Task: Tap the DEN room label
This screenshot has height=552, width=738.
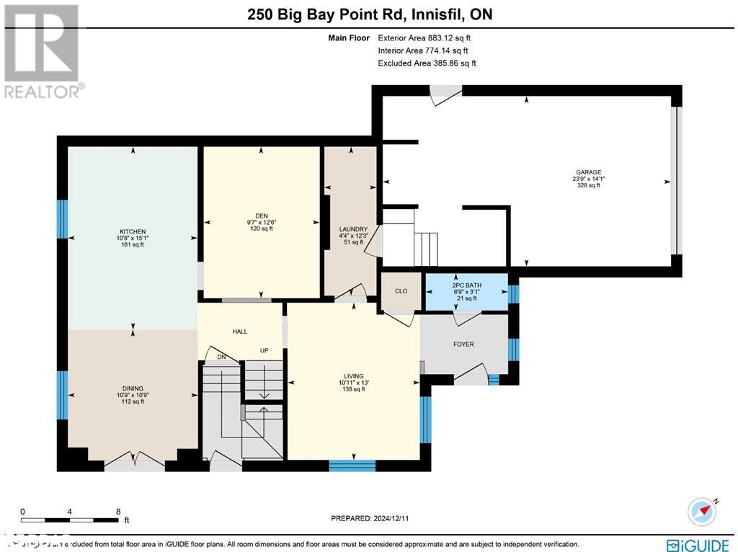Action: click(x=261, y=213)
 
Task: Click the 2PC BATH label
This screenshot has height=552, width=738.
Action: click(x=466, y=285)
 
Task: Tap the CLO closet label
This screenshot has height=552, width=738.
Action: click(x=401, y=291)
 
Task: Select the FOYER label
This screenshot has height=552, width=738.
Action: click(x=463, y=344)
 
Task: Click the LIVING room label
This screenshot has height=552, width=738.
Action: click(x=354, y=376)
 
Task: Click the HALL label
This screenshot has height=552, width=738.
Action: click(x=240, y=331)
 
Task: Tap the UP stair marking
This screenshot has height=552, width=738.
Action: click(x=264, y=351)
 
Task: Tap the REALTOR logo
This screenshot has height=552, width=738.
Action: click(x=43, y=50)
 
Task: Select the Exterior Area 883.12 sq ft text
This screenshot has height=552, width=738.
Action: click(x=425, y=37)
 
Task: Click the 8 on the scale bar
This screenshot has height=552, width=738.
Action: click(x=118, y=511)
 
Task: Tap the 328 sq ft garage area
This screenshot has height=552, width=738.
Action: click(x=587, y=186)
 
